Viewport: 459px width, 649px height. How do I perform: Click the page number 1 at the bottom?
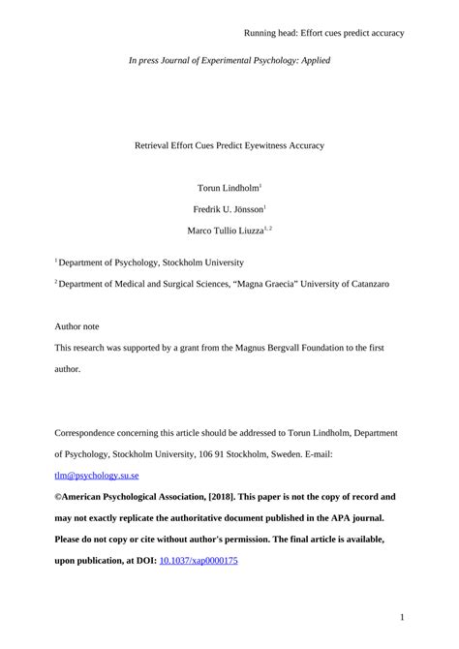coord(401,616)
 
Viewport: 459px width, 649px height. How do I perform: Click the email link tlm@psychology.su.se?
coord(97,477)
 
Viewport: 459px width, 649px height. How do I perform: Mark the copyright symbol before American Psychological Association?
coord(57,497)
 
